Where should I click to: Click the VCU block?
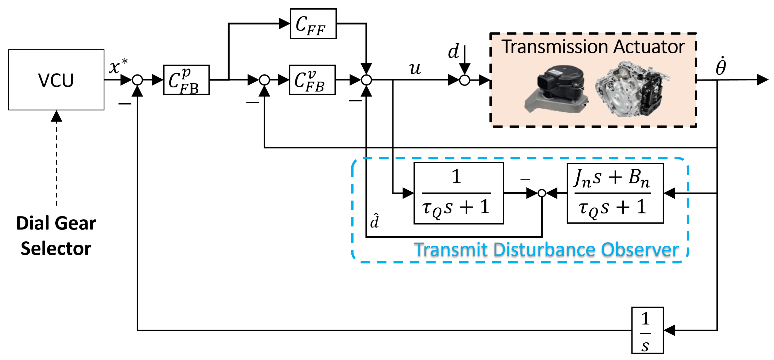tap(56, 80)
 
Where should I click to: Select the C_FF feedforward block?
tap(313, 24)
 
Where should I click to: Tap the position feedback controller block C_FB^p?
tap(186, 80)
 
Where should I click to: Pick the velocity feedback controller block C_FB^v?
tap(312, 80)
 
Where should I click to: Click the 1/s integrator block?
tap(647, 330)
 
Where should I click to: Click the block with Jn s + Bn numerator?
tap(615, 193)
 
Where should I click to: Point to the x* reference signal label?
tap(118, 66)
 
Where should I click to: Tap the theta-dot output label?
tap(721, 67)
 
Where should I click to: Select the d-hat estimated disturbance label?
tap(374, 221)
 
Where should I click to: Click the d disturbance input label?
tap(453, 52)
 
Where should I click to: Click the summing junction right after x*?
tap(137, 80)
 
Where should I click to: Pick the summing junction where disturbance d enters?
tap(464, 80)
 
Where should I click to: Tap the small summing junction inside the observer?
tap(541, 193)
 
